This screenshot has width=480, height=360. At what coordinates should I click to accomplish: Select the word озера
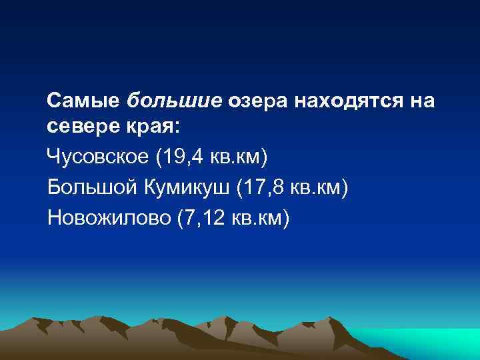[259, 102]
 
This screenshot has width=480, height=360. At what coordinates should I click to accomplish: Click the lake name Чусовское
[99, 159]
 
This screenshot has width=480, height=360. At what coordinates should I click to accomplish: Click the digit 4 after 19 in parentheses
[197, 159]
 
